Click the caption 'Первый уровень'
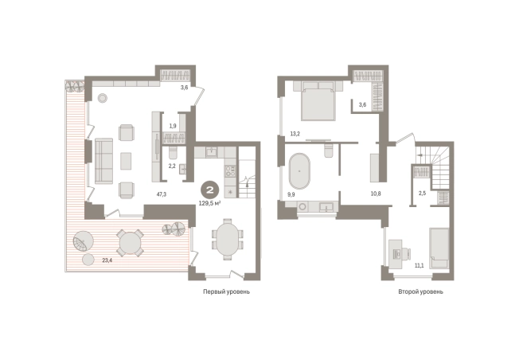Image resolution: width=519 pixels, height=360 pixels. pos(226,292)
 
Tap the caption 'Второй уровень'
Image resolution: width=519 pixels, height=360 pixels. pos(421,292)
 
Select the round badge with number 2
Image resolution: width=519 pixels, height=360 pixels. pos(210,190)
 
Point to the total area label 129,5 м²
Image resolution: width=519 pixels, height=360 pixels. pos(209,203)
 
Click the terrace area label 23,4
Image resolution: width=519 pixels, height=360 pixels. pos(107,260)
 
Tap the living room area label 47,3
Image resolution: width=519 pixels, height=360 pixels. pos(162,194)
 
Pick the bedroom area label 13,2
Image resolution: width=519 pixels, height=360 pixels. pos(295,134)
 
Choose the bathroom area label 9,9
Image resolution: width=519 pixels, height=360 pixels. pos(291,195)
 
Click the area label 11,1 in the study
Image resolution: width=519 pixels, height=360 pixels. pos(419,265)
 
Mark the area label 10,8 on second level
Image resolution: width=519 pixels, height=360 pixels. pos(376,194)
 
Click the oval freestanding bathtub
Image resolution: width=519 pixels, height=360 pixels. pos(299,171)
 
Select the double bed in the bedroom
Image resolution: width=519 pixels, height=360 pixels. pos(318,100)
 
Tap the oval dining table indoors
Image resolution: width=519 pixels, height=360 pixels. pos(227,239)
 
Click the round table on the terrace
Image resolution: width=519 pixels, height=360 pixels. pos(130,243)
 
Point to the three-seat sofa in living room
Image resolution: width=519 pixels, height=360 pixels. pos(104,161)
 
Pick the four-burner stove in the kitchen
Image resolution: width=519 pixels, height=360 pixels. pos(230,171)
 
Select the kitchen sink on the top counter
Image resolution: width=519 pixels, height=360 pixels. pos(211,152)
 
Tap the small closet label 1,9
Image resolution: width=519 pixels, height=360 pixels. pos(173,126)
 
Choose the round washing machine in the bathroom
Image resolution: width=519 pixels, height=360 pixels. pos(302,206)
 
